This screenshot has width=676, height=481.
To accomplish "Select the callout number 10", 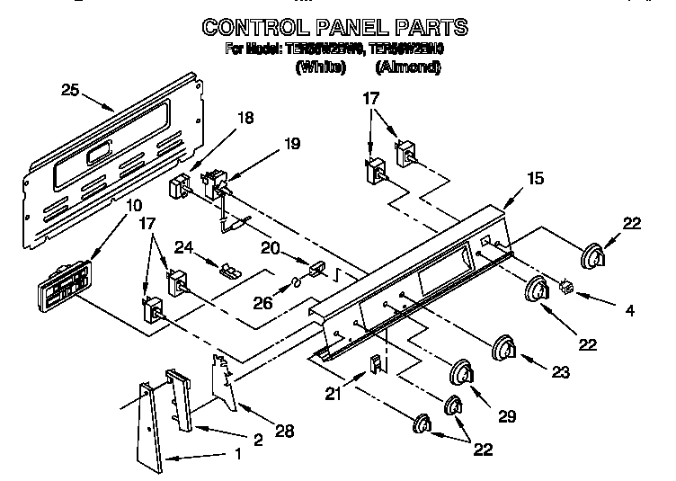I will pos(133,206).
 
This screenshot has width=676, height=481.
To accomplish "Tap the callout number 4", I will pos(629,310).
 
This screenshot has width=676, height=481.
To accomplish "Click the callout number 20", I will pos(269,249).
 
